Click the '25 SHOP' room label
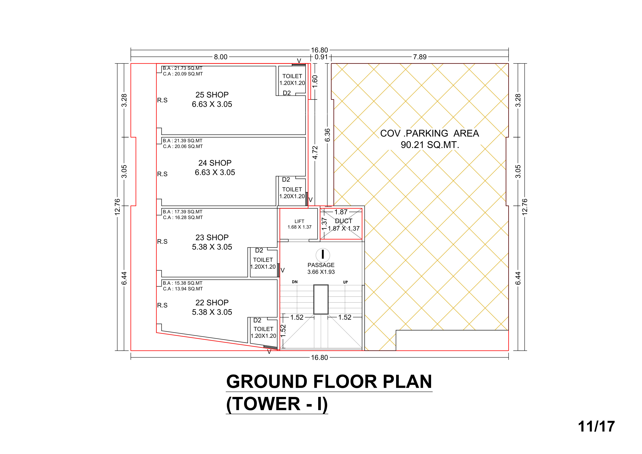pos(212,95)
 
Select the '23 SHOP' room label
pos(212,237)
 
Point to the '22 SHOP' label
pos(212,303)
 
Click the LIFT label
pos(299,221)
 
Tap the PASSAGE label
pos(321,265)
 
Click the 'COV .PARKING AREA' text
pos(429,133)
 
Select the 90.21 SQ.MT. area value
pos(429,145)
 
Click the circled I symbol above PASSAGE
pos(323,255)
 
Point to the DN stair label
pos(295,282)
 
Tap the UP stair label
pos(345,282)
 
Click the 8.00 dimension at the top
pos(221,57)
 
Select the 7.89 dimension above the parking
pos(420,57)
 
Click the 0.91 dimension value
pos(321,57)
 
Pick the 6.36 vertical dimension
pos(327,135)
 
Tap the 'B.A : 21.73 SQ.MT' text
pos(183,68)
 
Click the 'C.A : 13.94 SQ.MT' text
pos(183,289)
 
